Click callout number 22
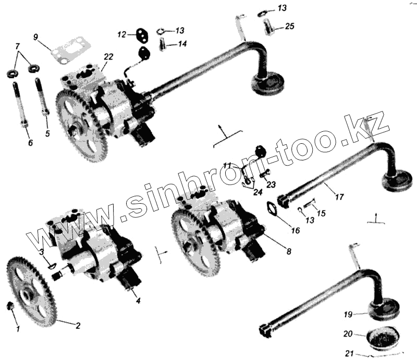tap(108, 56)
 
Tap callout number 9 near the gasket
tap(35, 36)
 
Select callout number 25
tap(289, 26)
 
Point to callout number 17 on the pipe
tap(339, 197)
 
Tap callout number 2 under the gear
tap(78, 326)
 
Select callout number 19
tap(348, 314)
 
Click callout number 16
tap(296, 229)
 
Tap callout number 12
tap(121, 34)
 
